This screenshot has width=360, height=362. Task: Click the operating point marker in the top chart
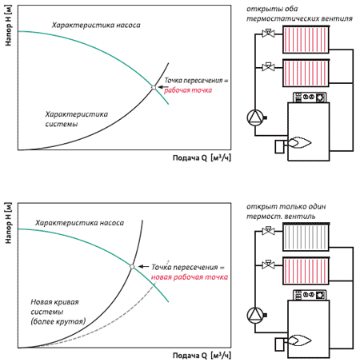click(x=154, y=87)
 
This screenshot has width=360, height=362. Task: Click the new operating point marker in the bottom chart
click(x=132, y=266)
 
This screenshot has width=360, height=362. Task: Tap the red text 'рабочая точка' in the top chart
click(x=188, y=90)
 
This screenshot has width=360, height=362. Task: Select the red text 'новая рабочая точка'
click(x=190, y=277)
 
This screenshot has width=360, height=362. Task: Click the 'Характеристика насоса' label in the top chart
click(x=96, y=26)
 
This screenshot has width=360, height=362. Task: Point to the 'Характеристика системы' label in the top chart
click(x=77, y=119)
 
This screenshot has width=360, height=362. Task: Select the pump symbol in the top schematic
click(x=255, y=117)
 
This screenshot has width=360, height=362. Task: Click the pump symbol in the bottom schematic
click(x=255, y=315)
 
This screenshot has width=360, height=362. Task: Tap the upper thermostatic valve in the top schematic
click(x=268, y=33)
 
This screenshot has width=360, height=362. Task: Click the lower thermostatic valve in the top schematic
click(x=268, y=66)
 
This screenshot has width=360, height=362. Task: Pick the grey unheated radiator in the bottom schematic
click(x=306, y=237)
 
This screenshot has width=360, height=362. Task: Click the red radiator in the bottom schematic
click(x=306, y=271)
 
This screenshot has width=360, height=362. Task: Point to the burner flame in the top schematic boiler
click(x=299, y=143)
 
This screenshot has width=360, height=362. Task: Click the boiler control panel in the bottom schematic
click(x=310, y=295)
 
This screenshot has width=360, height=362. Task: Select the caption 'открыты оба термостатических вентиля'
click(x=299, y=14)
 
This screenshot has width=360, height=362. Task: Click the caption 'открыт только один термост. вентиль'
click(x=286, y=211)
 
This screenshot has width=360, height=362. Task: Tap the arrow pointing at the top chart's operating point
click(x=163, y=87)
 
